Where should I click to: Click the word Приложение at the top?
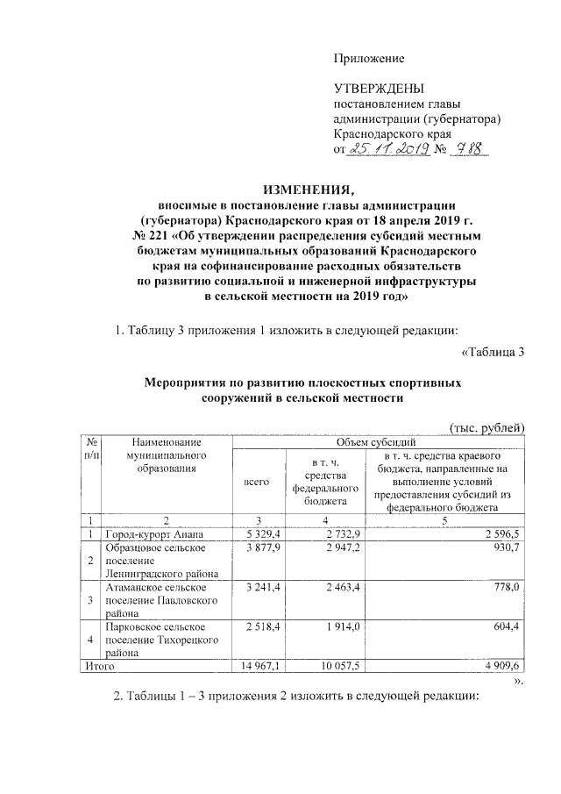point(368,59)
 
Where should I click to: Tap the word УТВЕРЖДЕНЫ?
point(379,89)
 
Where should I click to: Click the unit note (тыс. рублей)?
point(486,426)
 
